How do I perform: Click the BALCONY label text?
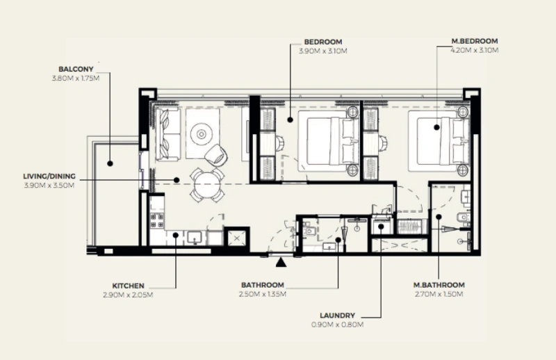coord(76,69)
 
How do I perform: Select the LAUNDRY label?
coord(338,315)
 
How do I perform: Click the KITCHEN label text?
coord(128,286)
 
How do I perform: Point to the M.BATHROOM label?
coord(439,285)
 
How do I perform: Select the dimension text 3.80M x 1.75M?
coord(76,78)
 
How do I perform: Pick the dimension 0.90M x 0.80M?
coord(338,324)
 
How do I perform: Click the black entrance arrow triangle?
coord(280,262)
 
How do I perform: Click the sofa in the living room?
coord(167,134)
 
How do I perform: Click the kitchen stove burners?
coord(157,221)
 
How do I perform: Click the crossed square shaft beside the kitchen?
coord(237,238)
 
